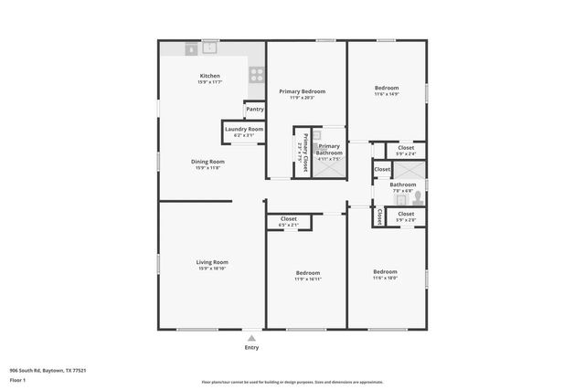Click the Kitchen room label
209,76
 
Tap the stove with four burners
257,76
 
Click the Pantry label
255,110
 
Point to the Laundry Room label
244,130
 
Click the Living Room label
212,262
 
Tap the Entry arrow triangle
251,338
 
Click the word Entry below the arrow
251,348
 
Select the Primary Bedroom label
302,91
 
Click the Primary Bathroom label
329,149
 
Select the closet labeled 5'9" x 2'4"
406,151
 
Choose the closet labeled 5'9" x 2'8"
406,217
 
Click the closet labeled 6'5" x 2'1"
289,222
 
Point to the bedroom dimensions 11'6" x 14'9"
386,94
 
